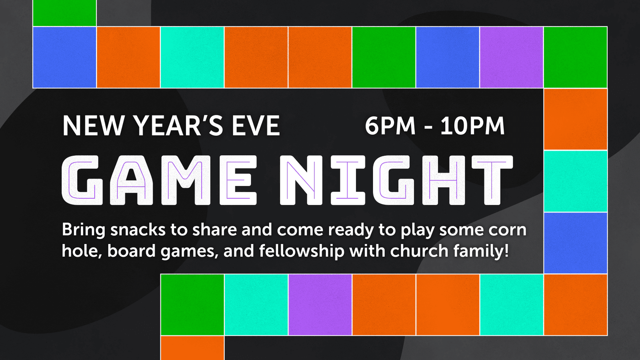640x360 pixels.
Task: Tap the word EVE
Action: click(256, 126)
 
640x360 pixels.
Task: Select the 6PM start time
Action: click(390, 126)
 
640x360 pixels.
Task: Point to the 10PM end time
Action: click(473, 126)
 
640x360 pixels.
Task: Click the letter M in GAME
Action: click(186, 180)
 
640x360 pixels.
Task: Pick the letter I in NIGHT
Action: click(348, 180)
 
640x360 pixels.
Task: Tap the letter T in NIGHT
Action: click(492, 180)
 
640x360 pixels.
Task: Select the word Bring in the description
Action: click(84, 230)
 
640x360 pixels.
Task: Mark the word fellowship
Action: click(302, 251)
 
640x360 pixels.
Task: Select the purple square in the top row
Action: click(512, 57)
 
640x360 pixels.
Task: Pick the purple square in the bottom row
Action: click(320, 305)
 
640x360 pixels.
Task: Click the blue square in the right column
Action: click(576, 243)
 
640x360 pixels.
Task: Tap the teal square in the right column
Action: click(576, 181)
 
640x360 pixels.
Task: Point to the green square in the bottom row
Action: click(192, 305)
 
